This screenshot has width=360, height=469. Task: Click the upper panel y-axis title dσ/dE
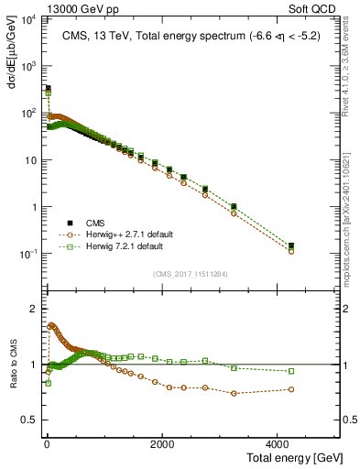[10, 55]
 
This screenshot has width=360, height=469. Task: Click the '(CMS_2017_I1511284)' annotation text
[190, 273]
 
